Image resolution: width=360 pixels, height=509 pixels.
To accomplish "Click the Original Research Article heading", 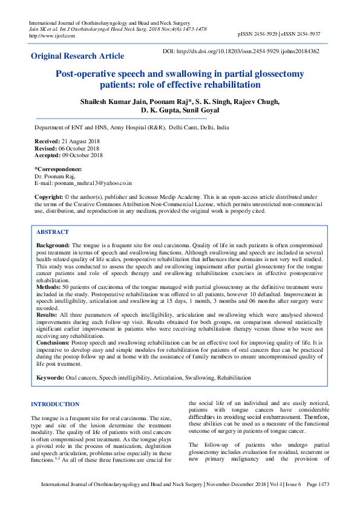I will [x=77, y=56].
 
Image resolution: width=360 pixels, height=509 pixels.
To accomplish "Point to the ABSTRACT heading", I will [x=53, y=232].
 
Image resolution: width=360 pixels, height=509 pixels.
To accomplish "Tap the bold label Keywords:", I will [x=50, y=377].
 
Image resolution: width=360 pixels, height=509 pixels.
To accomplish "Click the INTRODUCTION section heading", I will [x=55, y=404].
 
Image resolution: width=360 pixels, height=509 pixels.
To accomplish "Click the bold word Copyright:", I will [x=48, y=197].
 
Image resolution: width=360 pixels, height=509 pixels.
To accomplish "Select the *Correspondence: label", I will [x=58, y=169].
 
